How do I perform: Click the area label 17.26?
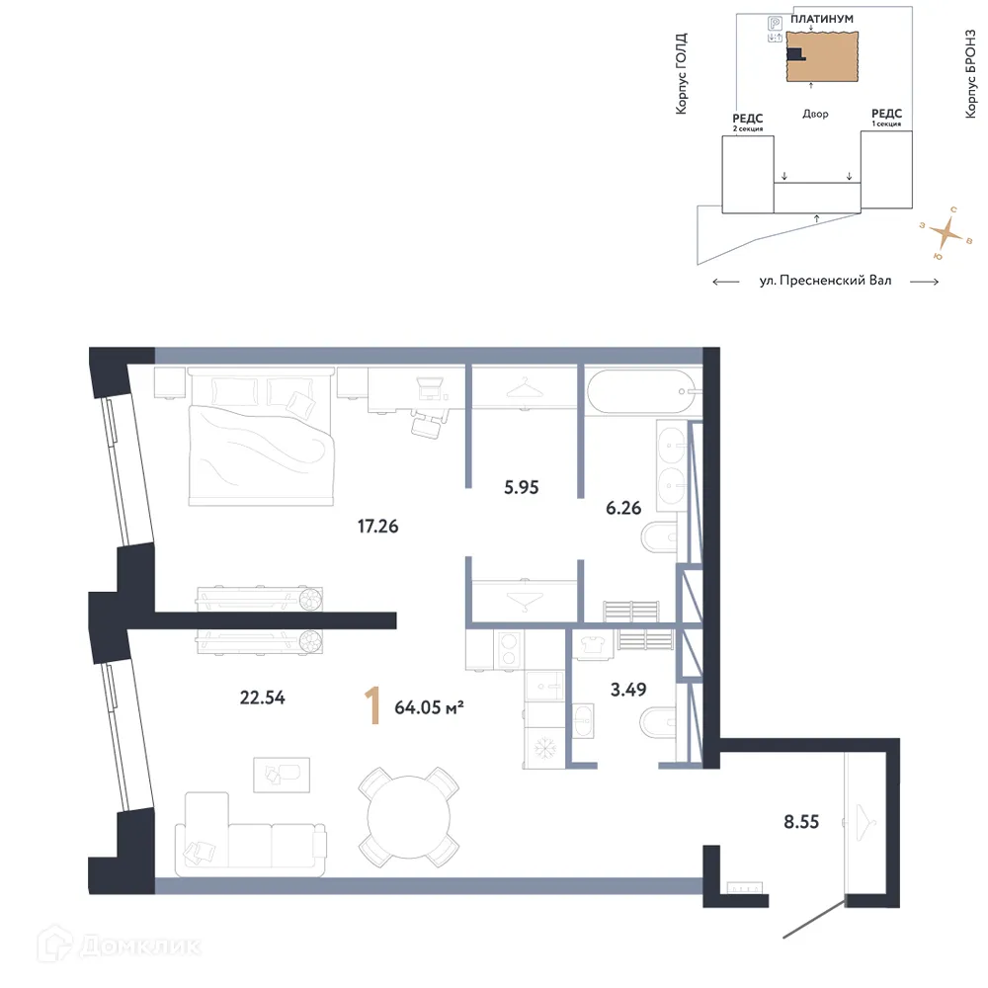[x=377, y=527]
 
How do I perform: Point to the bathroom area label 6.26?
[x=623, y=508]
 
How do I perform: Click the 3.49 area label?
[x=628, y=690]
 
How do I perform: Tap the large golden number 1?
[x=372, y=707]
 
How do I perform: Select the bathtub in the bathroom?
[x=642, y=395]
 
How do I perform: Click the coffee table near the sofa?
[x=282, y=774]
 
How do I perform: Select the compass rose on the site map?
[x=947, y=234]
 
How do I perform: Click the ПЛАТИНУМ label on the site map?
[x=823, y=19]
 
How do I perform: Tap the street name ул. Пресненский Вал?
[x=825, y=281]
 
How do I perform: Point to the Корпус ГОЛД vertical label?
[x=681, y=74]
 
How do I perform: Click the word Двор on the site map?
[x=815, y=114]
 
